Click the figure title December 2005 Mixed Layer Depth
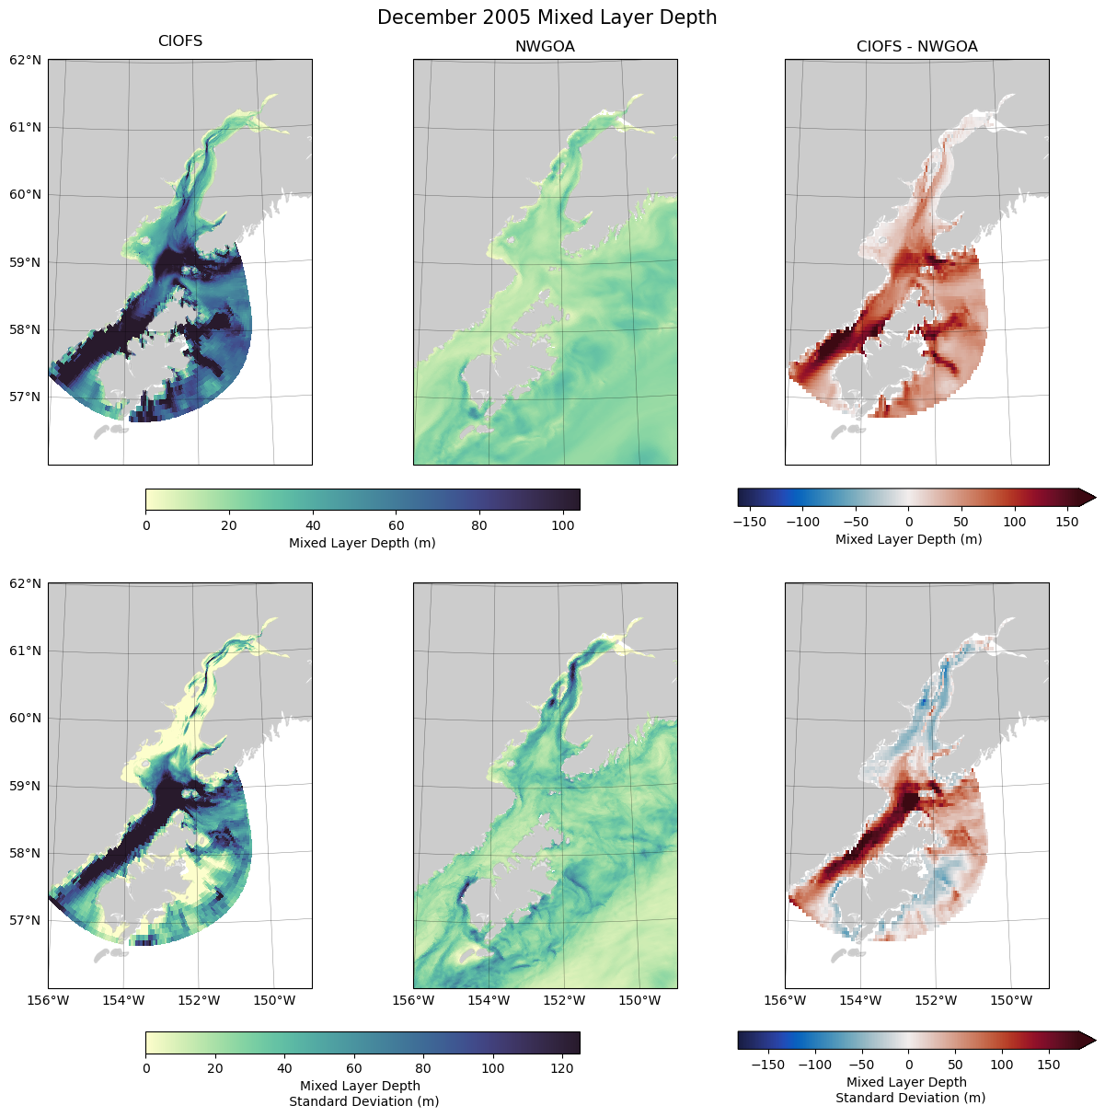(x=547, y=17)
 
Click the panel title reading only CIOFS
(x=180, y=41)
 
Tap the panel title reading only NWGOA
(x=545, y=47)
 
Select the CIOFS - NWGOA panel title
(x=916, y=47)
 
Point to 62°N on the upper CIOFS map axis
(x=26, y=60)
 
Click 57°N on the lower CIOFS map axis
(x=26, y=920)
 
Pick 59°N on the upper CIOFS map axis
(x=26, y=262)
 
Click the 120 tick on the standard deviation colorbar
(x=562, y=1068)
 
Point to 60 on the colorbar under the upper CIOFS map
(x=396, y=526)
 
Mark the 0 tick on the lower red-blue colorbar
(x=909, y=1065)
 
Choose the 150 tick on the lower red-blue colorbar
(x=1049, y=1065)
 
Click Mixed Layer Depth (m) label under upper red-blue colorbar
(x=908, y=539)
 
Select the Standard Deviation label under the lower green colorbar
(x=363, y=1101)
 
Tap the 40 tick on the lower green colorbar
(x=284, y=1068)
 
